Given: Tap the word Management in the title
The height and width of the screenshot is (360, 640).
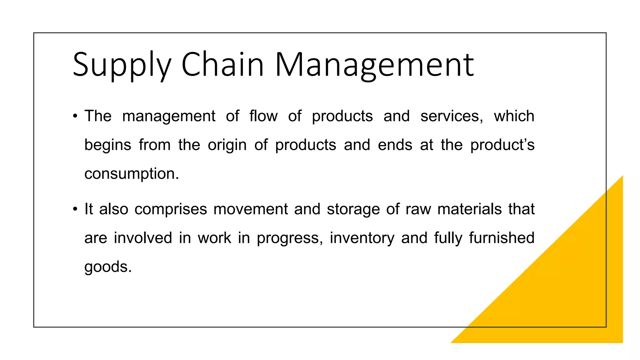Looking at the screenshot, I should (x=374, y=65).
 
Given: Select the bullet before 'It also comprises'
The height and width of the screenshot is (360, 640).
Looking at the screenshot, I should (x=75, y=209).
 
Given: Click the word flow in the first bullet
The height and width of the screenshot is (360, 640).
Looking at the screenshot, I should (x=263, y=116).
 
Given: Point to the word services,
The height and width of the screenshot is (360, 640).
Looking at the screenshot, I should (x=452, y=116).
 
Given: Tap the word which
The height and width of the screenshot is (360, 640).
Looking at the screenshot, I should (x=514, y=116).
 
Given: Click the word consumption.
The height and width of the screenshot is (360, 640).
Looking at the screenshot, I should (x=132, y=174).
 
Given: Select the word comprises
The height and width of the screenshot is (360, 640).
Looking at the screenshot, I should (x=171, y=209).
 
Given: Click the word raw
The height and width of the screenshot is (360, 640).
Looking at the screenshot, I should (x=418, y=209).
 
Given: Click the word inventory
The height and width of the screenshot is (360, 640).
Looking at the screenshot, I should (x=362, y=238).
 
